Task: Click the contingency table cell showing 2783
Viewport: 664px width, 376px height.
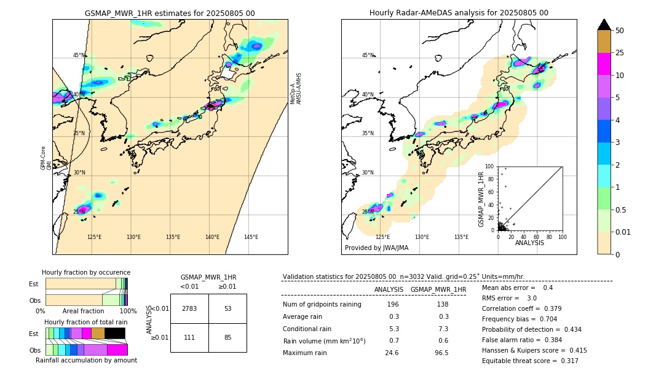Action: click(189, 308)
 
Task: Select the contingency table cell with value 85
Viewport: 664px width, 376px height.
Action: click(227, 337)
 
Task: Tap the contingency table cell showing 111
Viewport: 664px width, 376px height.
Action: click(189, 337)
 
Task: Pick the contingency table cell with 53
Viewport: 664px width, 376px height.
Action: click(227, 308)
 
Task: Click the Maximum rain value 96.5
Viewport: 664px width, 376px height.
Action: click(441, 353)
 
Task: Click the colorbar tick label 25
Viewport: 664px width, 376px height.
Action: click(620, 53)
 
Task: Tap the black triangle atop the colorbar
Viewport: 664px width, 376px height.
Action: click(604, 25)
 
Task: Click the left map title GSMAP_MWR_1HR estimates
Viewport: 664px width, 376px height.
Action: click(170, 13)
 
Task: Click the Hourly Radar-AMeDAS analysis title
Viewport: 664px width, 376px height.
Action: click(459, 13)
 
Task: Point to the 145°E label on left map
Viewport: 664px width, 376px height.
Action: click(251, 237)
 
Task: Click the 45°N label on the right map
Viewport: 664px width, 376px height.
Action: click(368, 55)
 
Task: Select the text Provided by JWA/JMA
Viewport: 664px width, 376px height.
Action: click(376, 248)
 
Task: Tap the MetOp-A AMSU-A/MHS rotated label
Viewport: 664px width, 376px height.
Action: click(296, 88)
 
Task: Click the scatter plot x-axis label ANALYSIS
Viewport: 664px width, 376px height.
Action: click(529, 243)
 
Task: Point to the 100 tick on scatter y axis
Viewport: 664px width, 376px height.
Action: click(490, 166)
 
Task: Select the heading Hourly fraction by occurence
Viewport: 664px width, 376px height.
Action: click(86, 272)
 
